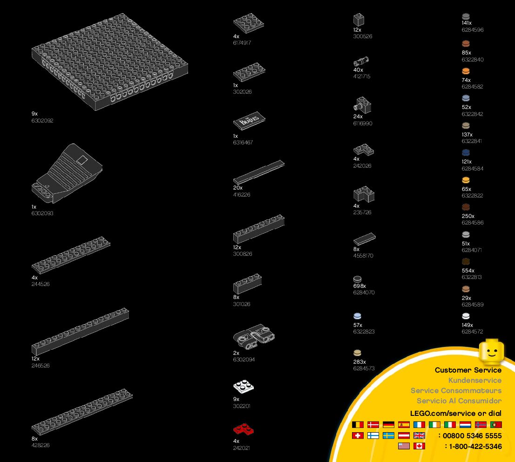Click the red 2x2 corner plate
pos(243,429)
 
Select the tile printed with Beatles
pos(250,121)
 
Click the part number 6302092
pos(43,121)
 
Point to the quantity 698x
pos(360,286)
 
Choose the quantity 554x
pos(468,271)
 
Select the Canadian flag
pos(420,446)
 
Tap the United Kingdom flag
pos(420,435)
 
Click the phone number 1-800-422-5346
pos(475,447)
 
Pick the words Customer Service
pos(468,370)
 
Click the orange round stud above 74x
pos(466,71)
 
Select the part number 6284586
pos(473,223)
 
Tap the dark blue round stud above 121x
pos(466,153)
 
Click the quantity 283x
pos(360,362)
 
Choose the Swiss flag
pos(358,435)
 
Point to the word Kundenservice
pos(474,380)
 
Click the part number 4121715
pos(362,76)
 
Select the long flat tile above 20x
pos(258,172)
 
